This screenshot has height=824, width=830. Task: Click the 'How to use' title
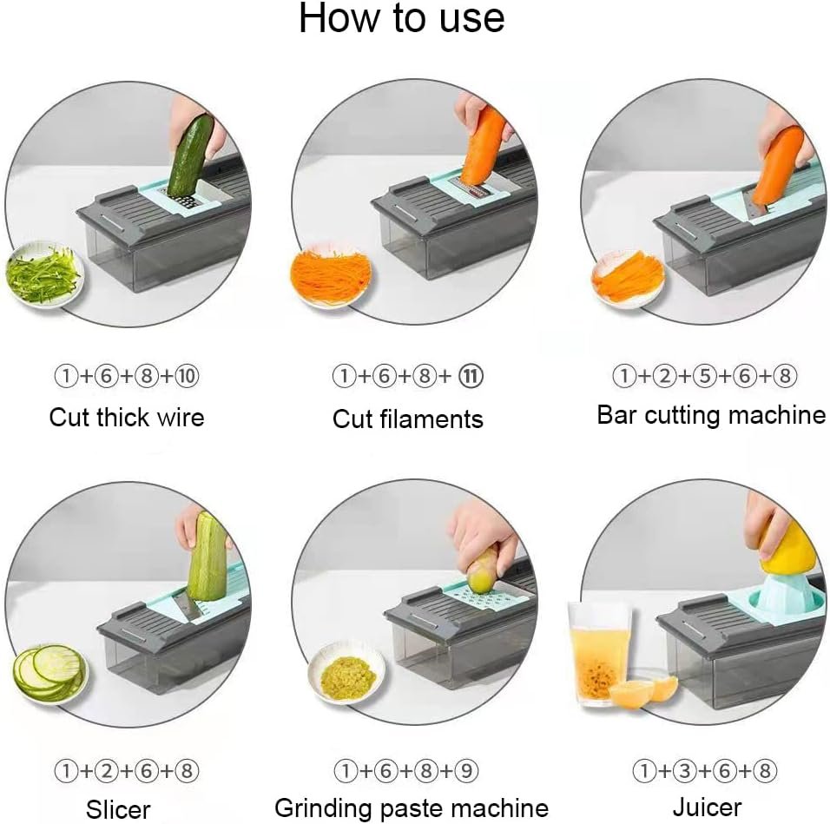pyautogui.click(x=401, y=19)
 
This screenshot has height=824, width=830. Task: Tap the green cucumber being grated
pyautogui.click(x=190, y=156)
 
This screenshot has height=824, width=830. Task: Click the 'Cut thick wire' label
pyautogui.click(x=127, y=418)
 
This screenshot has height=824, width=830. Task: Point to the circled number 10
pyautogui.click(x=187, y=377)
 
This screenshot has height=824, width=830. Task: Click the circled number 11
pyautogui.click(x=472, y=377)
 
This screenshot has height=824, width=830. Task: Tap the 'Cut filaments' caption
pyautogui.click(x=408, y=419)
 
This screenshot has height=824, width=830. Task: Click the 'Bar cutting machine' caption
pyautogui.click(x=711, y=415)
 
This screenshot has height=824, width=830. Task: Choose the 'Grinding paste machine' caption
pyautogui.click(x=412, y=808)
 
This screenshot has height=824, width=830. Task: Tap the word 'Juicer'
pyautogui.click(x=711, y=807)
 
